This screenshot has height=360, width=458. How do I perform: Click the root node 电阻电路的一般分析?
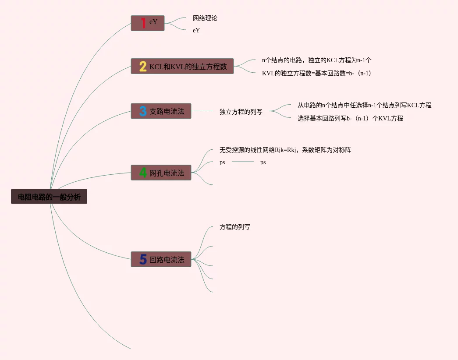tap(49, 197)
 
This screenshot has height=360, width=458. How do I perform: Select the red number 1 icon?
tap(143, 23)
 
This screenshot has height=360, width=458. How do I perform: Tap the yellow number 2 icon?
tap(143, 66)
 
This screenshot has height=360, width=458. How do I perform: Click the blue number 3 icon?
tap(143, 111)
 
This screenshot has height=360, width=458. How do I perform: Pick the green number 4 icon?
tap(143, 173)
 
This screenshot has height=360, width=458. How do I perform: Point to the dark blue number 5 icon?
tap(143, 259)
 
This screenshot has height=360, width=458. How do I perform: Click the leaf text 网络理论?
tap(205, 18)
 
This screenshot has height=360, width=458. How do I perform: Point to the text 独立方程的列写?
tap(241, 112)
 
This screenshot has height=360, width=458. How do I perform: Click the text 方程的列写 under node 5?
tap(234, 227)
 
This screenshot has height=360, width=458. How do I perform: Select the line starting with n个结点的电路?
tap(316, 60)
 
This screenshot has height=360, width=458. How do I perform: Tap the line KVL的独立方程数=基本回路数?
tap(316, 73)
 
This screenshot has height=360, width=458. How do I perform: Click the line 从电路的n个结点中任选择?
tap(364, 105)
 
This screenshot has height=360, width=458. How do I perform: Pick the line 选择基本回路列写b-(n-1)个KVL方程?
tap(350, 118)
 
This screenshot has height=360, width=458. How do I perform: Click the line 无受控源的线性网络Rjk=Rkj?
tap(285, 150)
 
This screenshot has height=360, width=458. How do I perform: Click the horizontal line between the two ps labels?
tap(242, 162)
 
